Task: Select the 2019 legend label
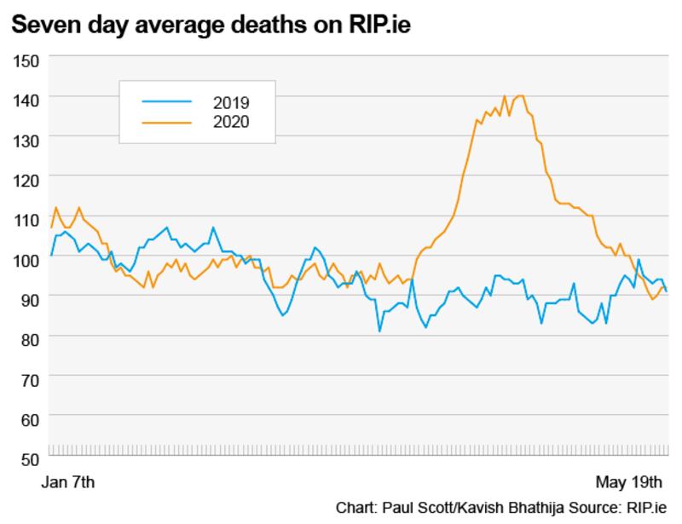point(231,103)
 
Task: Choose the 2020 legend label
point(231,123)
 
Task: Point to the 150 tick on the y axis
point(26,60)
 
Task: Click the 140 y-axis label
point(26,101)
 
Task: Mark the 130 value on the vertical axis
point(26,140)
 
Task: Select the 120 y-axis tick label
point(26,180)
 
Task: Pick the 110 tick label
point(26,219)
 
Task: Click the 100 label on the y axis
point(26,259)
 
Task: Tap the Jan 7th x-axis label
point(69,482)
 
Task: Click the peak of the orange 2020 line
point(505,96)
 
